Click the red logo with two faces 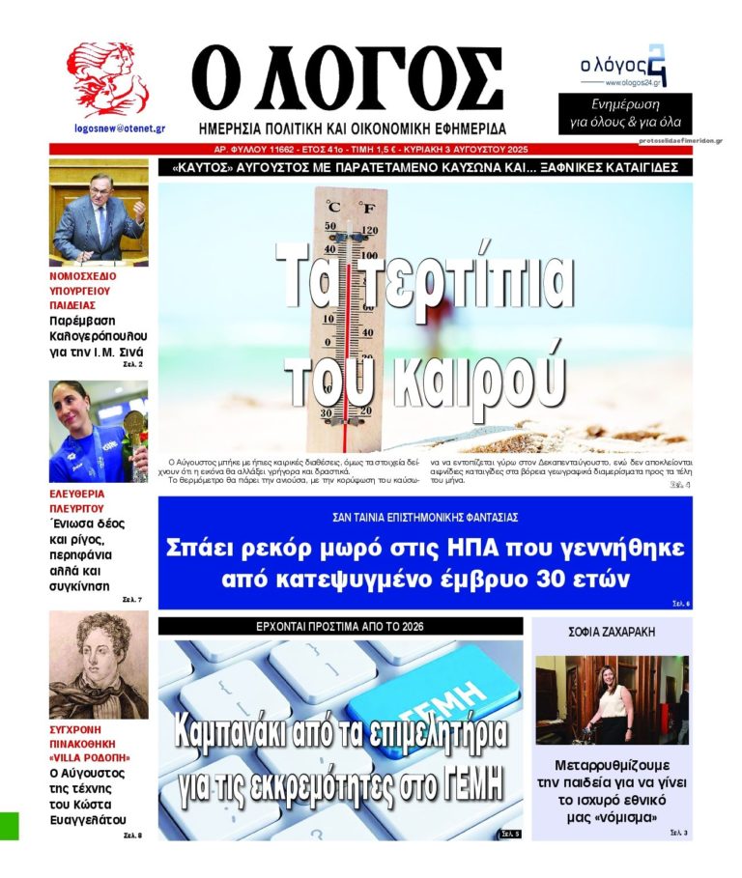107,79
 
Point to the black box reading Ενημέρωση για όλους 624,113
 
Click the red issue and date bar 371,150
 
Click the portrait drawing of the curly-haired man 99,665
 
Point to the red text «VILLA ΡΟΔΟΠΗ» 90,757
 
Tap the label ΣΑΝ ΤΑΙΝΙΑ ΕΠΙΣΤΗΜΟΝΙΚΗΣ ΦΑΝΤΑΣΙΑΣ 425,516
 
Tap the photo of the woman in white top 611,699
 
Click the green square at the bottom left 9,826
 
